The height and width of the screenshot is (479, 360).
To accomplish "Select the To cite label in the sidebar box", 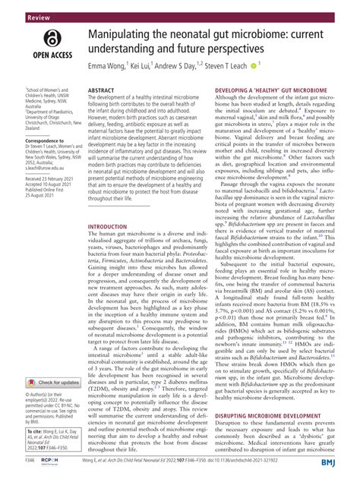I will [20, 438].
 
